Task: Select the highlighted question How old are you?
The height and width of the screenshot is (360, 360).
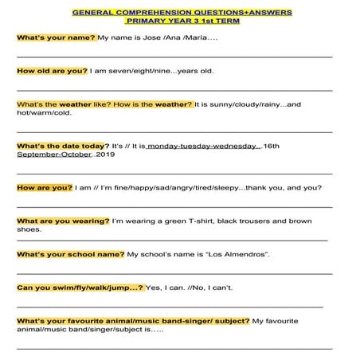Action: coord(52,71)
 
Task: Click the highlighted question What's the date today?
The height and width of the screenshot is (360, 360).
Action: coord(62,147)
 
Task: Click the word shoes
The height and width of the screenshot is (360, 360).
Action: coord(28,229)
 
